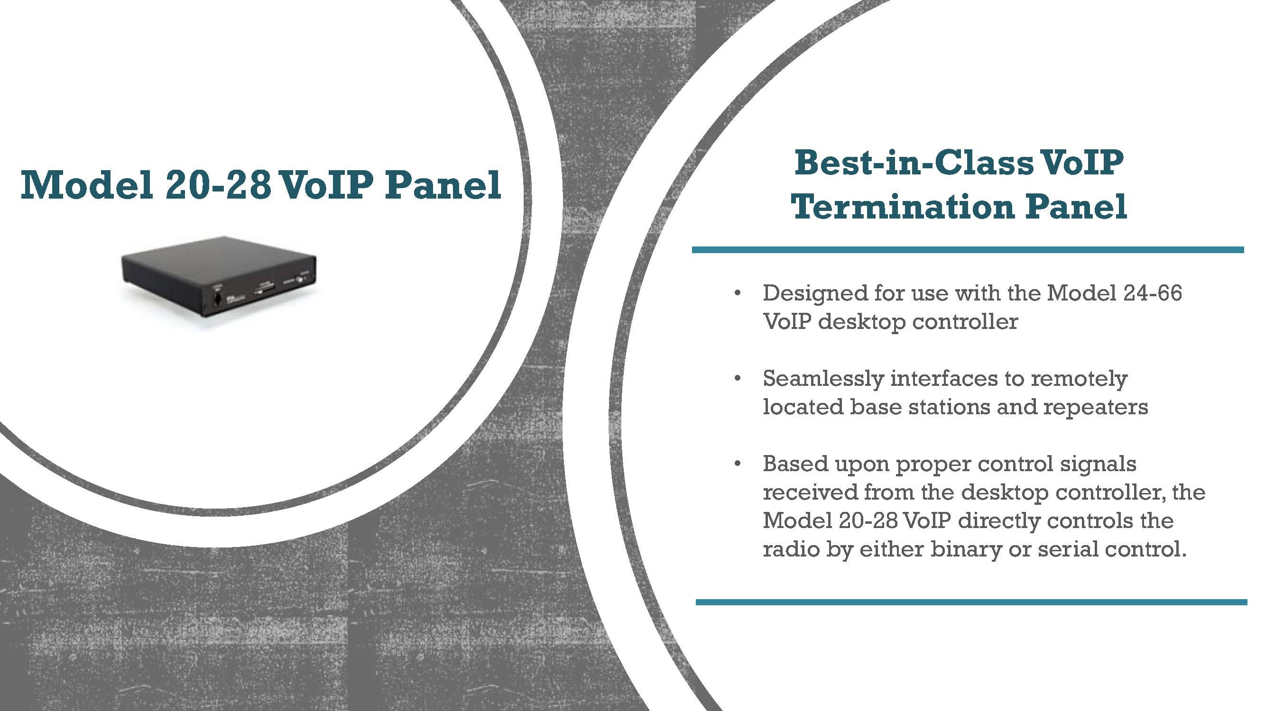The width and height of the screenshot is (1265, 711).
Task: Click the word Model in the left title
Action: click(x=86, y=185)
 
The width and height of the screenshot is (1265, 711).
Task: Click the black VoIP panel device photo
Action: click(x=219, y=283)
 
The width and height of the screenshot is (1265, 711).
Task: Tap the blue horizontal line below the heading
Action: click(x=968, y=250)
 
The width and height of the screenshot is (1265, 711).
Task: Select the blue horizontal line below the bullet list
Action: click(x=971, y=602)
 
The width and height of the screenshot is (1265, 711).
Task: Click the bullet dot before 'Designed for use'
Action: click(x=737, y=294)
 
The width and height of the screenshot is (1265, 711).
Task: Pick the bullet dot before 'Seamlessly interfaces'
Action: click(x=737, y=378)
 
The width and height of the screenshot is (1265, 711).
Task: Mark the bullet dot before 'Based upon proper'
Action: click(x=737, y=464)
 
